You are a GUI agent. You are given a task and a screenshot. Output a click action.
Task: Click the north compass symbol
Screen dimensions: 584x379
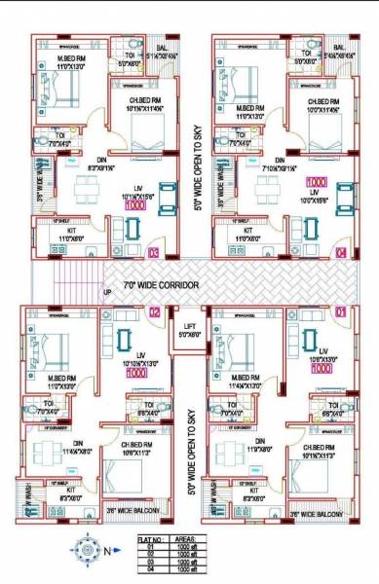(82, 550)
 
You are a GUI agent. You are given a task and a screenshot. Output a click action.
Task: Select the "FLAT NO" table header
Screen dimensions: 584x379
(150, 536)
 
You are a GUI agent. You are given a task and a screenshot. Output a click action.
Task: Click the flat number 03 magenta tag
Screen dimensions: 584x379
(153, 252)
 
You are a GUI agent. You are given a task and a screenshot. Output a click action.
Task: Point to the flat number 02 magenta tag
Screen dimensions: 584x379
(153, 312)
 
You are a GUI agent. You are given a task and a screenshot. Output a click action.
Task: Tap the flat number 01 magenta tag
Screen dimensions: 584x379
(340, 312)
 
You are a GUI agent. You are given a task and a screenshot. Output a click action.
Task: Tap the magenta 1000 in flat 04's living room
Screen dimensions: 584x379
(317, 182)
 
